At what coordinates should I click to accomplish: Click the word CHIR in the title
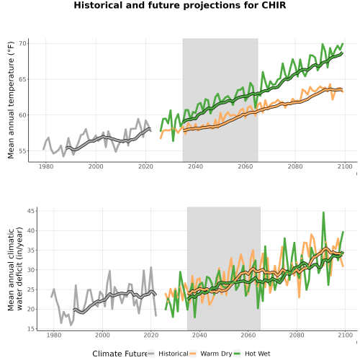click(274, 5)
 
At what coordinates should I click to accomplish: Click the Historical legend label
click(174, 354)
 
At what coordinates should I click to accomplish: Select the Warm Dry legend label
click(216, 354)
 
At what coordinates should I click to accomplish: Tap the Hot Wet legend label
click(257, 354)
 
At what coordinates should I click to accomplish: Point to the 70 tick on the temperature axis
click(22, 43)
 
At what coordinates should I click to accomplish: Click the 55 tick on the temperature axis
click(22, 151)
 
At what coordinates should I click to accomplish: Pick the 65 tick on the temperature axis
click(22, 79)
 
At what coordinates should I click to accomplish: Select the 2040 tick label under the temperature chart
click(195, 166)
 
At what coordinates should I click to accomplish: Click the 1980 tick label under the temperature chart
click(46, 166)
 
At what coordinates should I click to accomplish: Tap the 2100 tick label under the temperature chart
click(345, 166)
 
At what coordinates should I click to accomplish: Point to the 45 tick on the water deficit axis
click(31, 211)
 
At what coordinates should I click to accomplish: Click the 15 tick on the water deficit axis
click(31, 329)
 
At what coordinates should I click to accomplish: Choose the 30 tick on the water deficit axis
click(31, 270)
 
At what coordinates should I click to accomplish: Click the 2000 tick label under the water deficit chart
click(102, 335)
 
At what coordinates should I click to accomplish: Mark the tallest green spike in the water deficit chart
click(323, 212)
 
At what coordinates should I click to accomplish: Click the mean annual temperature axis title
click(11, 100)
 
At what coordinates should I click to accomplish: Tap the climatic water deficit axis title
click(15, 269)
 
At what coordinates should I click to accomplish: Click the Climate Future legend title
click(120, 354)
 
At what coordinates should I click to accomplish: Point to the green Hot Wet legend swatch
click(237, 354)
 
